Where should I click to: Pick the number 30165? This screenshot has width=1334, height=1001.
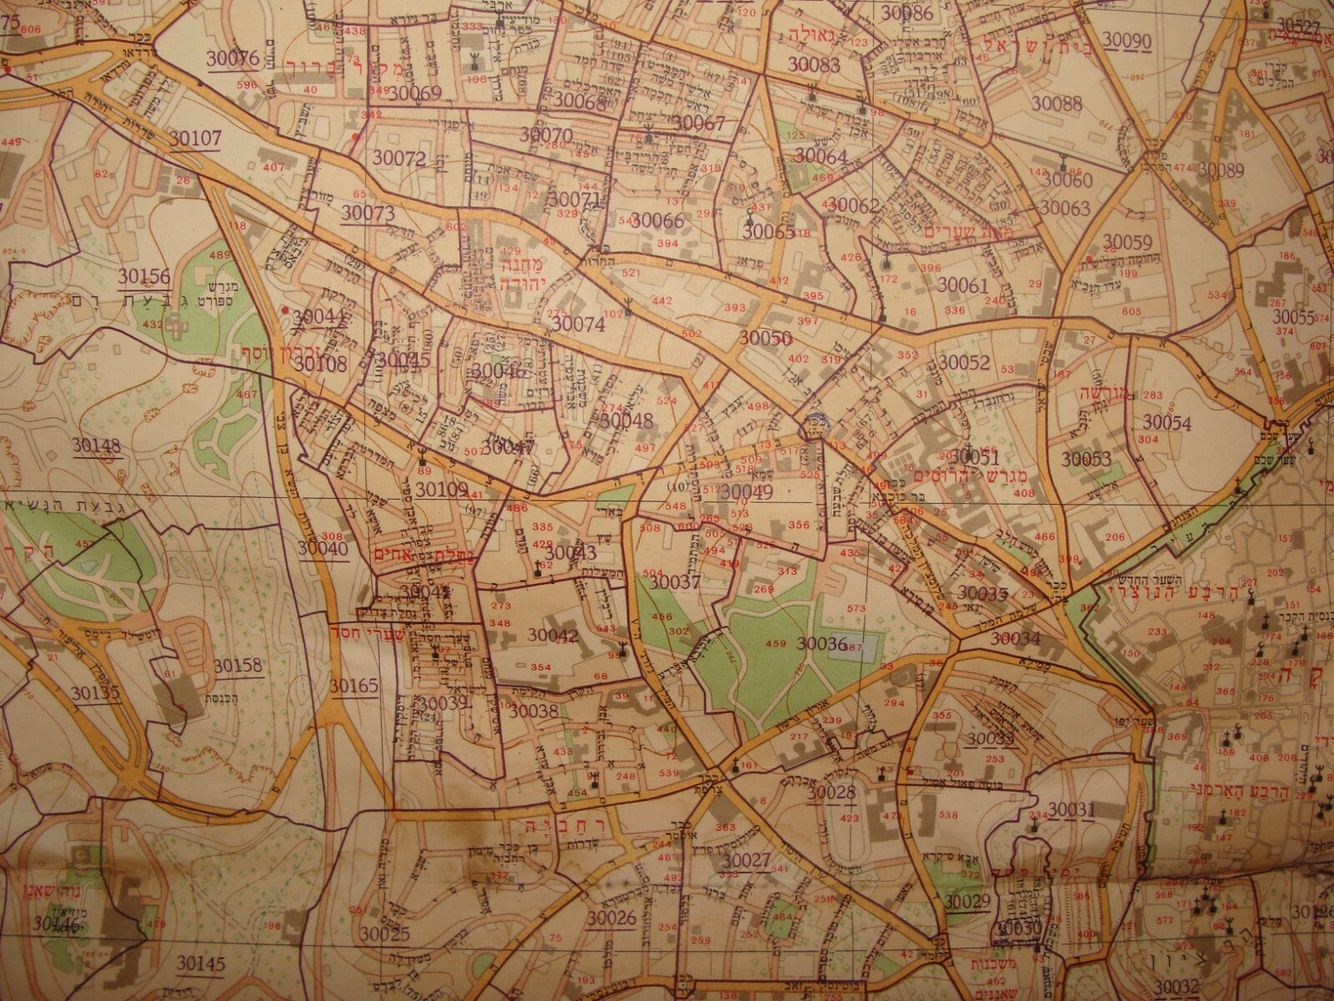(354, 686)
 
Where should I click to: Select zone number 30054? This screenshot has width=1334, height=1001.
(1166, 423)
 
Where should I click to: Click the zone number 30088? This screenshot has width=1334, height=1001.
(1056, 103)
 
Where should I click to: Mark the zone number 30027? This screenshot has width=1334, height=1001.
(746, 860)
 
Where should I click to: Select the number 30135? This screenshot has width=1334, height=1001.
(95, 692)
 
